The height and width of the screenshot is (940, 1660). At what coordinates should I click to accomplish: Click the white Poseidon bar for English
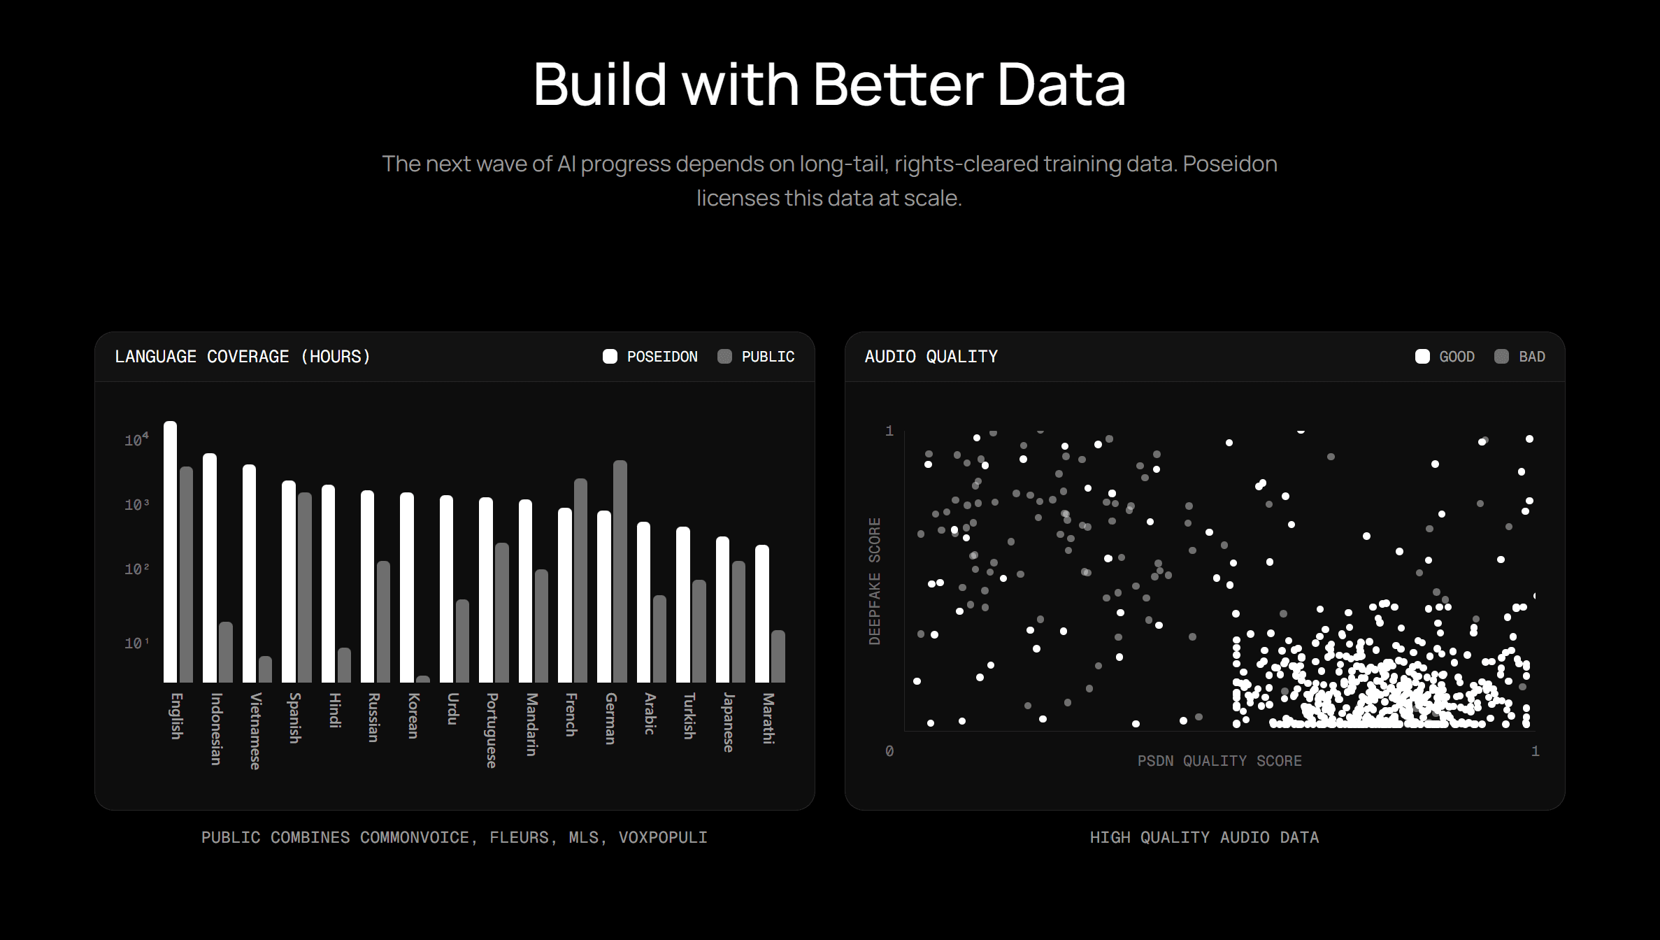tap(170, 552)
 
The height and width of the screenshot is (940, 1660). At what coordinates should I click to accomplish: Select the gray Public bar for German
tap(620, 571)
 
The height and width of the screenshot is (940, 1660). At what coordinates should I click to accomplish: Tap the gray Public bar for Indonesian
tap(225, 652)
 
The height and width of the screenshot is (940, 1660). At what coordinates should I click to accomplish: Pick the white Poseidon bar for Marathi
tap(762, 613)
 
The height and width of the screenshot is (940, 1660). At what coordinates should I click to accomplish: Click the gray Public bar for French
tap(580, 581)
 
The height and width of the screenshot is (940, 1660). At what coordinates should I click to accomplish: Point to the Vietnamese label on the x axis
tap(255, 731)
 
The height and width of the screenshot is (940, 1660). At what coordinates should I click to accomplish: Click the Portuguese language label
tap(492, 730)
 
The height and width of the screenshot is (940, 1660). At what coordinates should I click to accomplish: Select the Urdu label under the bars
tap(452, 708)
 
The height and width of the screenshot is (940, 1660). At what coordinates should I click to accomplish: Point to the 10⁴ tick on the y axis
tap(136, 440)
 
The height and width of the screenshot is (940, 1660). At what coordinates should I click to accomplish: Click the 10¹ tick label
tap(136, 643)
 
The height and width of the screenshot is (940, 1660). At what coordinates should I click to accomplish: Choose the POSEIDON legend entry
tap(650, 357)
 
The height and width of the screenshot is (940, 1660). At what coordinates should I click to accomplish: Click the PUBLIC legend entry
tap(756, 357)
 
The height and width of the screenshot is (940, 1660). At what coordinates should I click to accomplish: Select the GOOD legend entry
tap(1445, 357)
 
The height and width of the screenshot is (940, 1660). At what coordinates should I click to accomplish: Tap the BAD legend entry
tap(1519, 357)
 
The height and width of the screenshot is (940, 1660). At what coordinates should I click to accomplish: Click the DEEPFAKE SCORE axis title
tap(874, 581)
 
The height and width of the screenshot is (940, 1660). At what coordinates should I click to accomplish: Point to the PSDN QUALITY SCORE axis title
tap(1219, 761)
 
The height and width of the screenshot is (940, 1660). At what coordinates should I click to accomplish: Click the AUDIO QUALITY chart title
tap(931, 357)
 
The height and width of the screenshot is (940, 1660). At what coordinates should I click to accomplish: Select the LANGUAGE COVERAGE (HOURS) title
tap(243, 357)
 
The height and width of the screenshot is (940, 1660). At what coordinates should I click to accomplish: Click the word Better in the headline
tap(899, 85)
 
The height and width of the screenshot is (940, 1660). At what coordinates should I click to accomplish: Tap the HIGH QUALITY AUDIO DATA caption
tap(1204, 837)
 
